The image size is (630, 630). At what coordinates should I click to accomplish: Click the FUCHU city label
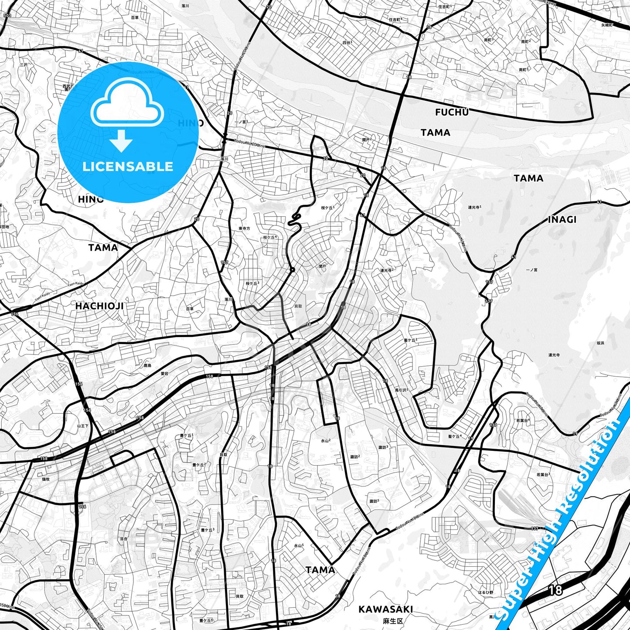452,112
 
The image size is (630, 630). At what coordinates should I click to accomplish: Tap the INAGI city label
562,220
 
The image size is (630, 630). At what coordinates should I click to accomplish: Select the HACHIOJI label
99,306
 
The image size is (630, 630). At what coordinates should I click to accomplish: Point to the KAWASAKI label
385,609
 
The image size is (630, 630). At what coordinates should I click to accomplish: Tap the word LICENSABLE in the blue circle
128,167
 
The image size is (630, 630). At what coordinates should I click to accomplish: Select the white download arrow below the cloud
121,140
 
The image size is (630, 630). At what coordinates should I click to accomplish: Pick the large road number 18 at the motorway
555,590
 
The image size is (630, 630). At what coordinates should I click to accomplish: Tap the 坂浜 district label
600,343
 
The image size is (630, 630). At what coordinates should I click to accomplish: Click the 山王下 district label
83,426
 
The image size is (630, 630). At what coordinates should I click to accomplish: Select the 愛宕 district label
164,374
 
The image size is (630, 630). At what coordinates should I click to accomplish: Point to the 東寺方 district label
244,228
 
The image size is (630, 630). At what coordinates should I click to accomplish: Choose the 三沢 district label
23,65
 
